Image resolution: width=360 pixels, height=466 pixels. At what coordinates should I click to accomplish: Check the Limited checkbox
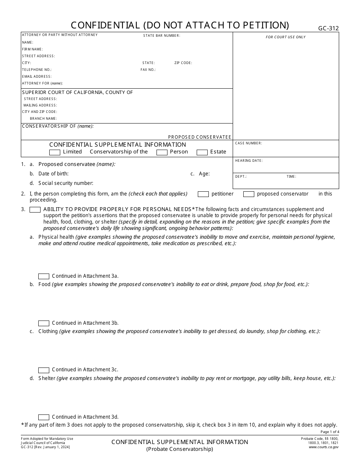coord(55,152)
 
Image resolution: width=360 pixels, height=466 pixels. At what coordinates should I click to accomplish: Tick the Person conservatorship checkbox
coord(162,152)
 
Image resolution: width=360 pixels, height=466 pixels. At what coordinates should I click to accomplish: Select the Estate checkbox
coord(202,152)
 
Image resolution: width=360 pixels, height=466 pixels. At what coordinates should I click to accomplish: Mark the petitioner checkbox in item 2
coord(203,194)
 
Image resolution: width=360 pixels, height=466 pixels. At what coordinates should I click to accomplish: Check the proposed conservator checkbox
coord(249,194)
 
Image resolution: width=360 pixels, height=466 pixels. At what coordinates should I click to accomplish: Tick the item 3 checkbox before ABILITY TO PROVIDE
coord(35,210)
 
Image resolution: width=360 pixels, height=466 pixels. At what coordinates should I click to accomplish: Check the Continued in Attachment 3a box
coord(44,276)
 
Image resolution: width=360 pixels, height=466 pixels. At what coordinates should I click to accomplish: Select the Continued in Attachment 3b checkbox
coord(44,323)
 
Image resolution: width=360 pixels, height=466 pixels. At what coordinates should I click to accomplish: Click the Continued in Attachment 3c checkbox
coord(44,370)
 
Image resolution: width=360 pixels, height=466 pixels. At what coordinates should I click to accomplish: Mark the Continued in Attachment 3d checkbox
coord(44,417)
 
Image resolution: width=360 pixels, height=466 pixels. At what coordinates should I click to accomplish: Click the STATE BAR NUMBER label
coord(161,36)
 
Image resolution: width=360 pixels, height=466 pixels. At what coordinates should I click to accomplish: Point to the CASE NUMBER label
coord(248,143)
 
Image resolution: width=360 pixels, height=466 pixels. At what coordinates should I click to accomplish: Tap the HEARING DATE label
coord(249,161)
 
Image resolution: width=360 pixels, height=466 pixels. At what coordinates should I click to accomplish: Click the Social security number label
coord(66,183)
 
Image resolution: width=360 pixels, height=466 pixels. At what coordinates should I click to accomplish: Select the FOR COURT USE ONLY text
coord(285,37)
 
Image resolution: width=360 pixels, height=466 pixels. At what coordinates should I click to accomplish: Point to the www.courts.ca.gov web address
coord(324,447)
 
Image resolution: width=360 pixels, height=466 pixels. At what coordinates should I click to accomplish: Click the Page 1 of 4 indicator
coord(330,432)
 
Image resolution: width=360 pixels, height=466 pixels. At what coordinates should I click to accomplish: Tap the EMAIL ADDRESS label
coord(37,77)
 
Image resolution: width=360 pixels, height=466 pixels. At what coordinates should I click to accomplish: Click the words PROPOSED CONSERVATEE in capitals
coord(199,137)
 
